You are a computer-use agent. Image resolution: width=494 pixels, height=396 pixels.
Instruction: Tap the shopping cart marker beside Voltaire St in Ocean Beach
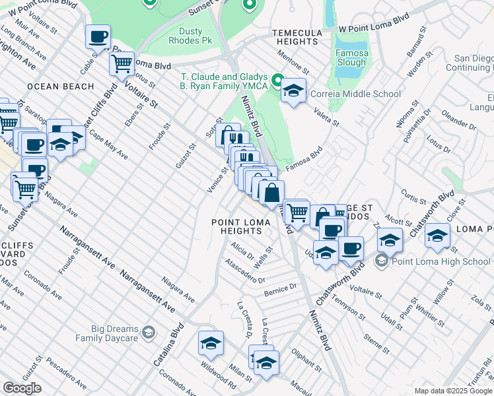coord(122,63)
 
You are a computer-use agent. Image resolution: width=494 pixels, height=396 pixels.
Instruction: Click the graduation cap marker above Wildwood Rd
coord(211,343)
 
